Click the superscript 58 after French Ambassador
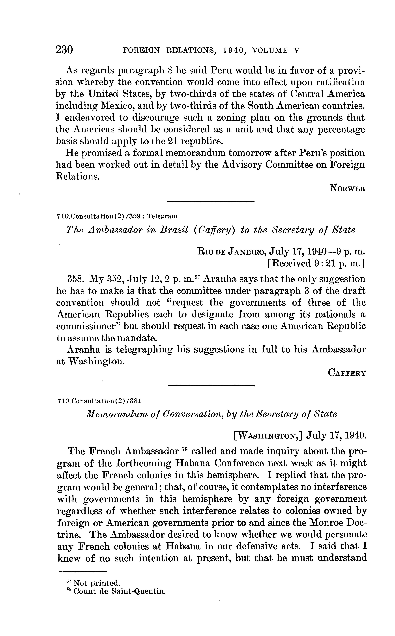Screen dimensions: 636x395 coord(185,450)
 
